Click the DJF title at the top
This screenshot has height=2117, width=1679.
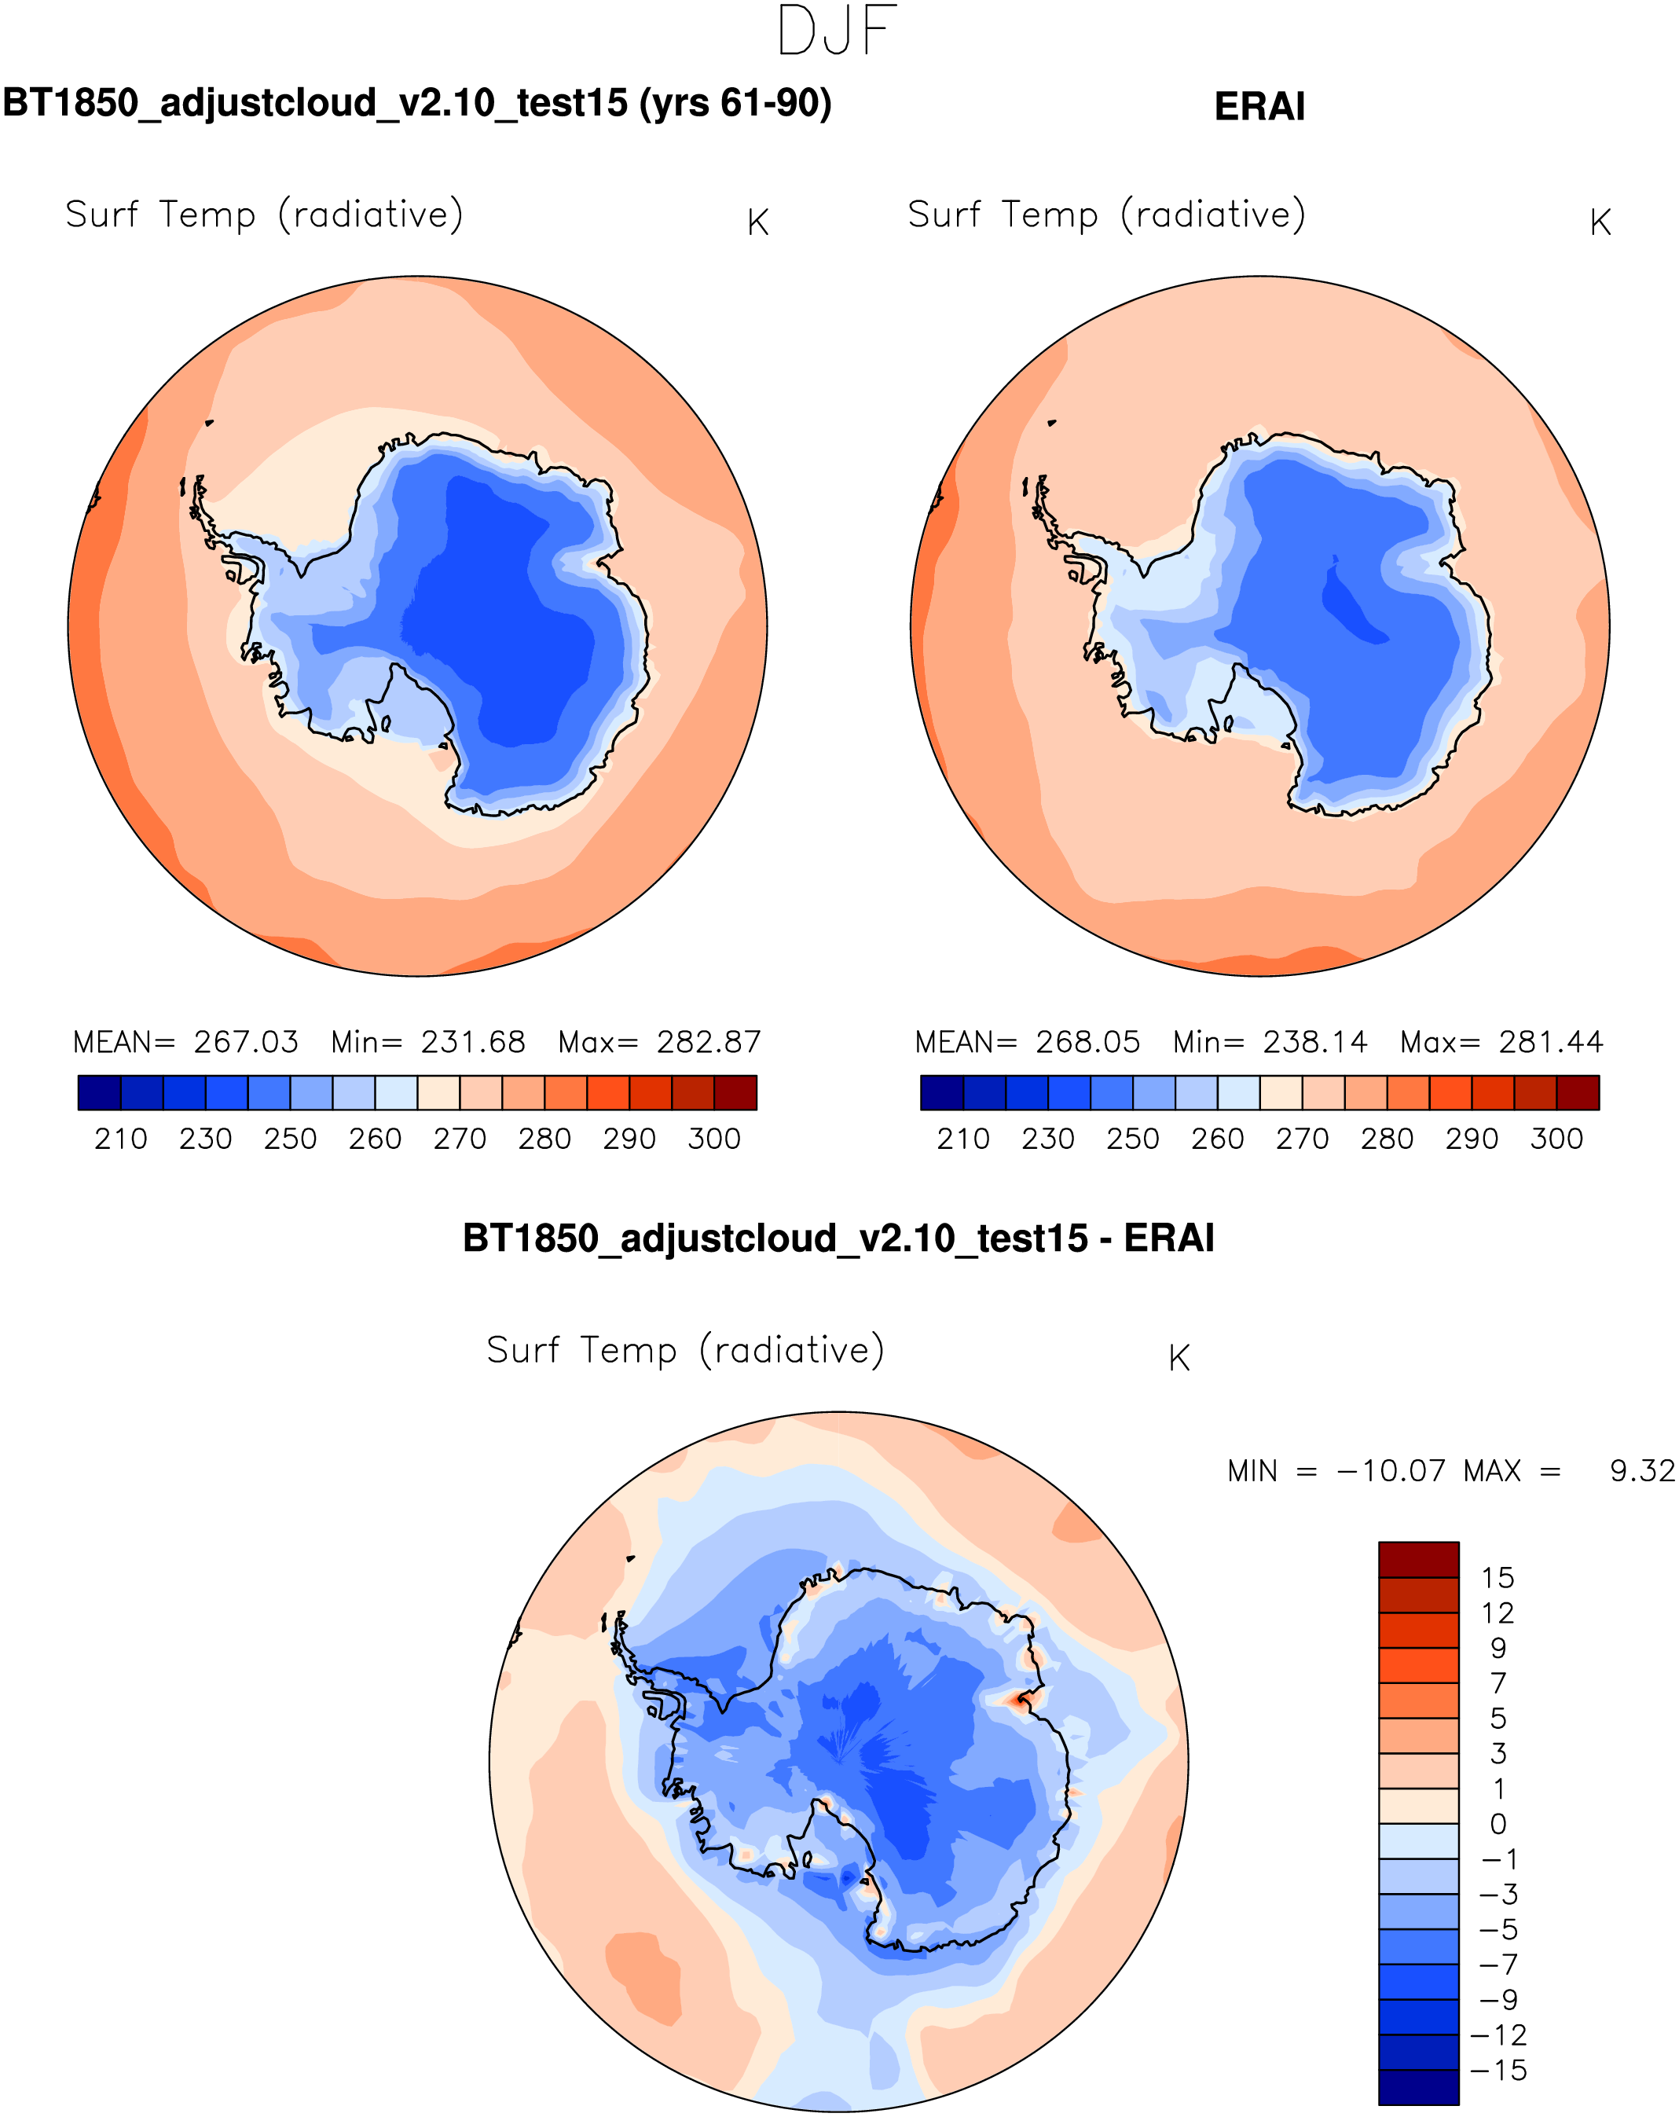(837, 31)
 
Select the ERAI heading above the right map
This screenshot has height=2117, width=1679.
(1259, 107)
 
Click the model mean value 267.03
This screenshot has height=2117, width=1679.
(245, 1042)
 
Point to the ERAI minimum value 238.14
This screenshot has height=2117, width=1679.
(1314, 1042)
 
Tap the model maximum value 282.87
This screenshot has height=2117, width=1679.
(708, 1042)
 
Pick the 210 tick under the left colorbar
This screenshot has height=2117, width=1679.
(121, 1139)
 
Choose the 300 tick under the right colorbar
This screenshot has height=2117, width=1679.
(1556, 1139)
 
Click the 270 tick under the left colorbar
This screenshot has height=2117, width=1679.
(460, 1139)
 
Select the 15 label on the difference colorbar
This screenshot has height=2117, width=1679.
(1498, 1578)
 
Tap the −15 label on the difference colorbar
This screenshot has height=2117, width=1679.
(1498, 2070)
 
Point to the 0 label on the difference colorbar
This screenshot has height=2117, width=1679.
(1498, 1823)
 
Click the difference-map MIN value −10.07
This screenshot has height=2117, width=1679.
(1391, 1471)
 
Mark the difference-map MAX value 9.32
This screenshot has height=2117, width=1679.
(1642, 1471)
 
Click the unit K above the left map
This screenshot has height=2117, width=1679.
(757, 223)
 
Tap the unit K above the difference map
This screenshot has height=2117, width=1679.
(1179, 1358)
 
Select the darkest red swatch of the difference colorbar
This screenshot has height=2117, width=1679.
(1418, 1559)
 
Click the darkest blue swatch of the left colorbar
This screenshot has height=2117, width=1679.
(99, 1092)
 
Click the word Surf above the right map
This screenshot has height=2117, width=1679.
(944, 214)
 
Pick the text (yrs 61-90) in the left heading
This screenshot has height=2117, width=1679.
(735, 103)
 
